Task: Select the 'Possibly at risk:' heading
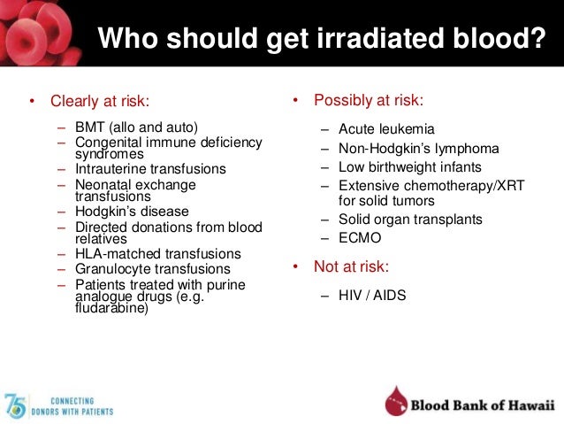(367, 100)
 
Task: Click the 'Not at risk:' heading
(353, 266)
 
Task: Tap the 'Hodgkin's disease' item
(133, 212)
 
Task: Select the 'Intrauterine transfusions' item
(151, 168)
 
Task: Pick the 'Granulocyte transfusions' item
(153, 268)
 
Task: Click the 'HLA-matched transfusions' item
(158, 254)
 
